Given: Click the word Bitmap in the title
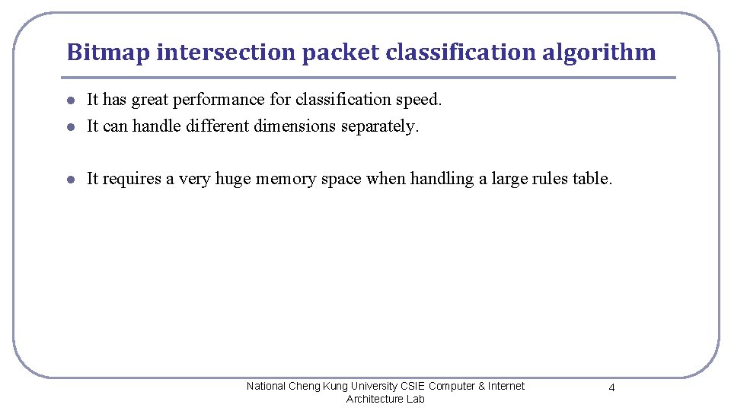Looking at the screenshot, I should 107,53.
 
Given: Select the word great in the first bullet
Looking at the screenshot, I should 152,100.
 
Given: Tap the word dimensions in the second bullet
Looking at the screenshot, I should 292,126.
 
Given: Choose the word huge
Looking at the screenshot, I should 233,179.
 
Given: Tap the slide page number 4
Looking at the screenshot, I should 611,388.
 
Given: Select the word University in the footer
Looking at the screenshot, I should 369,386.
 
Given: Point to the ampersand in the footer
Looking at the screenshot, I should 481,386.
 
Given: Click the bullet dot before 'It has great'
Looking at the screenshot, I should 69,100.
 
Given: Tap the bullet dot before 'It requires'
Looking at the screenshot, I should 69,180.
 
